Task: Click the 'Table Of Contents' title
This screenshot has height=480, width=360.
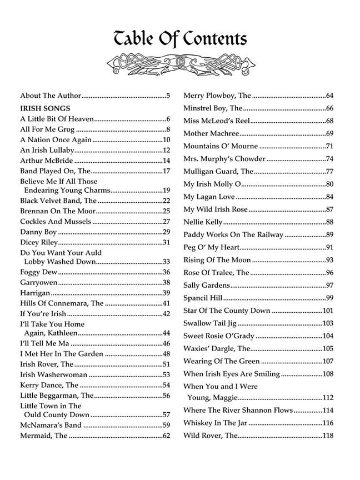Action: [181, 39]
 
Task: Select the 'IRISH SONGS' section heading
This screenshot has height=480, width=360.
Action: [45, 108]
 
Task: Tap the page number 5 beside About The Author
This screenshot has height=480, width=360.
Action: [168, 96]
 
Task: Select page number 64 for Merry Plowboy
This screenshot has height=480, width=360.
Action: [329, 96]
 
